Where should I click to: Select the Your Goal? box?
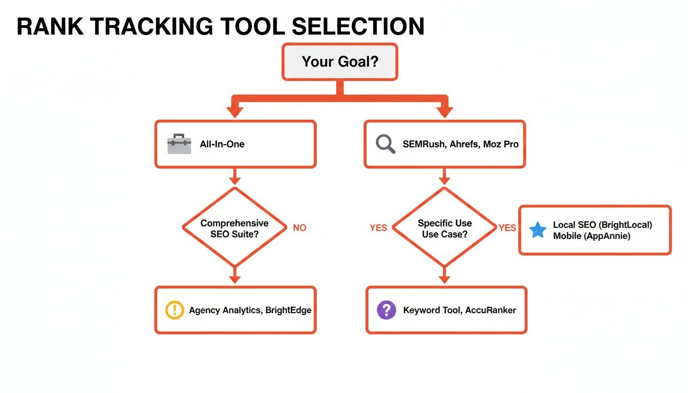click(339, 62)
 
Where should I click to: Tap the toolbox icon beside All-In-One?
click(179, 144)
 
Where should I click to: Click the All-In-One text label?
click(222, 144)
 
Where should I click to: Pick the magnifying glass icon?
click(385, 144)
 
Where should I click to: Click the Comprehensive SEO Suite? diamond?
click(234, 228)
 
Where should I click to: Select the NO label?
click(299, 228)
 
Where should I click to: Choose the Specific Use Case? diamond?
click(444, 228)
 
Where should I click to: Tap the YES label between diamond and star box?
click(507, 228)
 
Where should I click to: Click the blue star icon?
click(537, 230)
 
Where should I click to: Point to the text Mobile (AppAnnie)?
click(591, 236)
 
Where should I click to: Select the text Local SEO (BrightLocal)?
click(603, 225)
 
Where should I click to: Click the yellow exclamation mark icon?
click(175, 310)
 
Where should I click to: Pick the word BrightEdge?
click(288, 310)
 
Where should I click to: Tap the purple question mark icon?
click(386, 310)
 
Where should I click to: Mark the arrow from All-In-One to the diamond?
click(234, 177)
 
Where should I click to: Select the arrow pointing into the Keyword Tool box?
click(444, 276)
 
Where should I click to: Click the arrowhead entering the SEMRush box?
click(444, 112)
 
